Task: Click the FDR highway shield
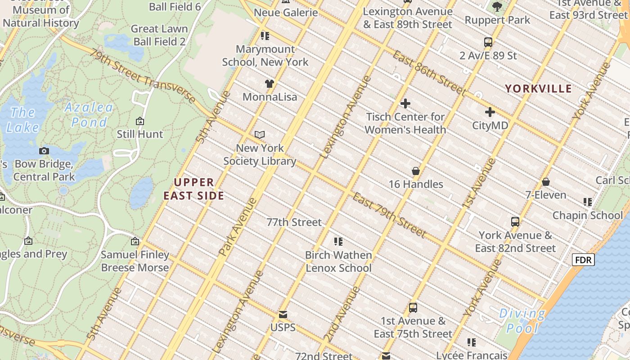[x=583, y=260]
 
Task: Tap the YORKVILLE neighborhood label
[x=538, y=89]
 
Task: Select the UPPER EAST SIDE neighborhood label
[x=194, y=189]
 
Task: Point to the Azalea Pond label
[x=89, y=114]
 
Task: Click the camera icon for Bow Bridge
[x=44, y=151]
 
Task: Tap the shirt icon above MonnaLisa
[x=269, y=83]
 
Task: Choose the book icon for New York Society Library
[x=260, y=135]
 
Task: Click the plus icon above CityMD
[x=490, y=112]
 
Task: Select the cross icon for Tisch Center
[x=405, y=103]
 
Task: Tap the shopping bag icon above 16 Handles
[x=416, y=171]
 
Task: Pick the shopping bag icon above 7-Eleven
[x=546, y=182]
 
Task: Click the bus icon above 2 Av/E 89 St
[x=488, y=42]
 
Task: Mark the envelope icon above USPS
[x=283, y=314]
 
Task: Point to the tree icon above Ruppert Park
[x=497, y=6]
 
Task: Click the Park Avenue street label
[x=238, y=228]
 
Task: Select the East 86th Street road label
[x=429, y=73]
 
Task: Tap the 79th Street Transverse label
[x=142, y=76]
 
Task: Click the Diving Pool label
[x=522, y=320]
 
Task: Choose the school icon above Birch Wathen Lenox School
[x=338, y=242]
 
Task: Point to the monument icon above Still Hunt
[x=140, y=121]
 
